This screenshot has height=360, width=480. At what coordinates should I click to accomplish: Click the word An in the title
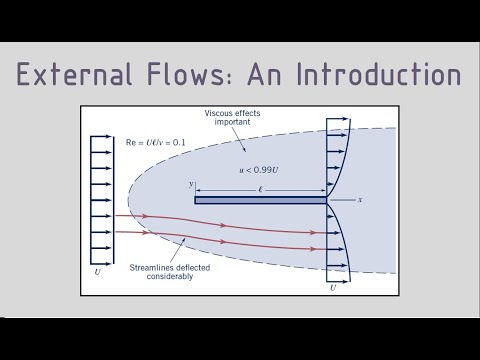pos(270,75)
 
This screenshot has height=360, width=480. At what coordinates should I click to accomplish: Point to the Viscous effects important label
pos(230,116)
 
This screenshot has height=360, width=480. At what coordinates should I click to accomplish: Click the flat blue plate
pos(260,200)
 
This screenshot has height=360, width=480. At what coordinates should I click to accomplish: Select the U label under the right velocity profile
pos(332,287)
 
